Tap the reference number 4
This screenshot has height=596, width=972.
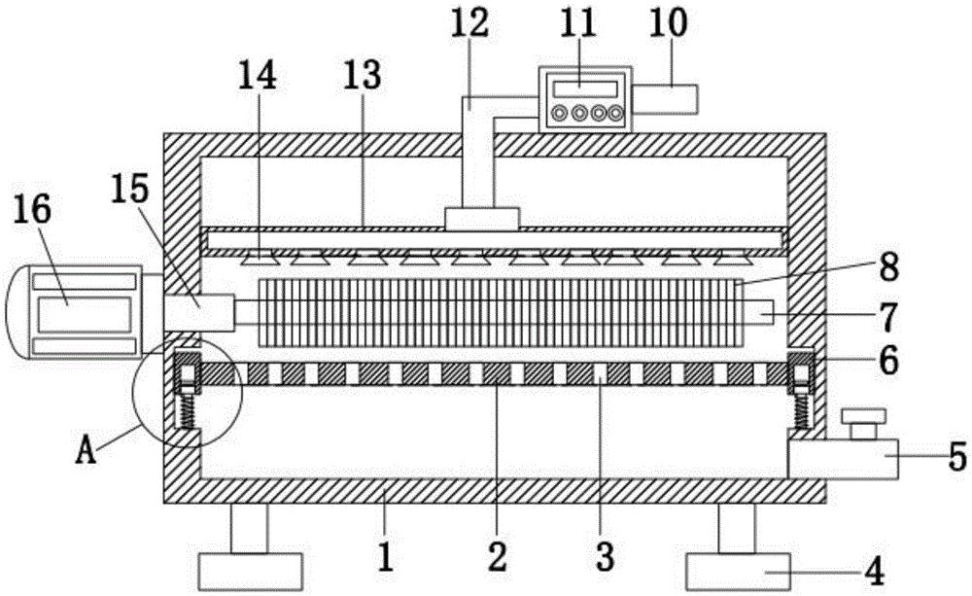[x=874, y=571]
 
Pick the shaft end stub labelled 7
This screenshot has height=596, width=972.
[x=759, y=313]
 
